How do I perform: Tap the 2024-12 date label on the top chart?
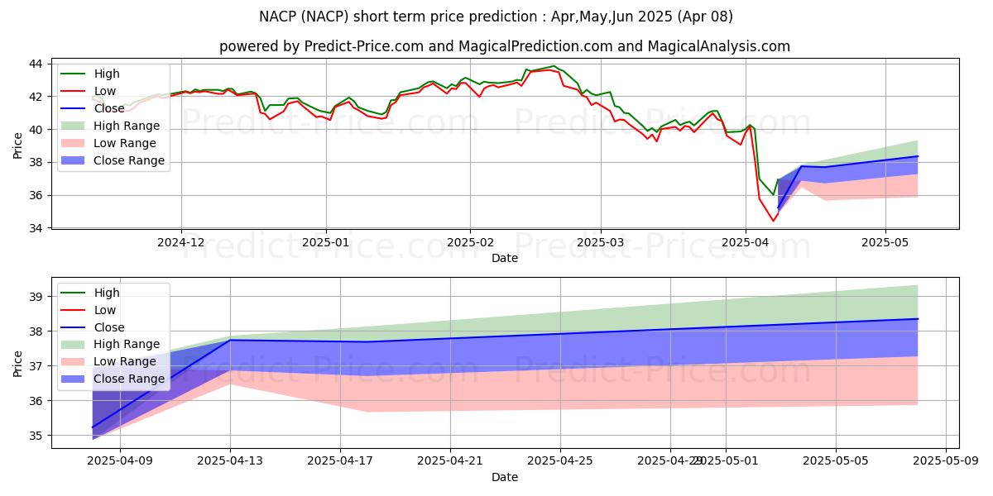[x=181, y=242]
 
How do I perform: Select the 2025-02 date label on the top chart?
[x=470, y=242]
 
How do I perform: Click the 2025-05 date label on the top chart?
[x=885, y=242]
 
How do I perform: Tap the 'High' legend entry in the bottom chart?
[x=107, y=293]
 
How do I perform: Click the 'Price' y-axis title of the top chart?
[x=17, y=145]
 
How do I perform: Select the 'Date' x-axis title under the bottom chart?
[x=505, y=477]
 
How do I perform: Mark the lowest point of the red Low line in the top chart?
[x=774, y=221]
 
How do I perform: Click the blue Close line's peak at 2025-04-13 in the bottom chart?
[x=230, y=340]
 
